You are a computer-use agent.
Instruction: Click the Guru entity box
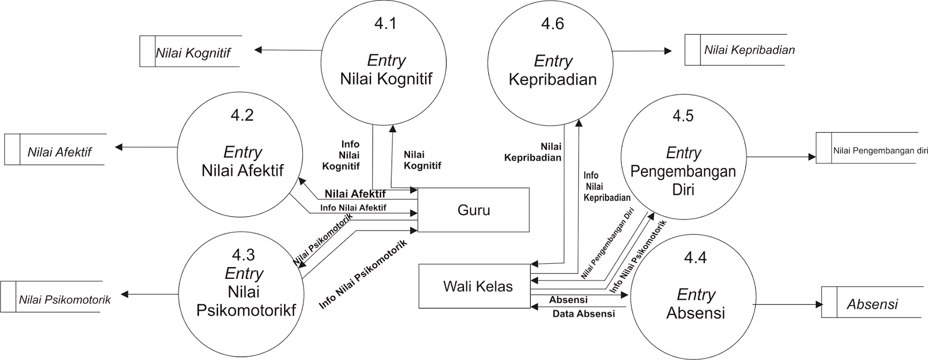[x=473, y=210]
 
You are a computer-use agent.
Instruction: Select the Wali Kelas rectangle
[x=477, y=286]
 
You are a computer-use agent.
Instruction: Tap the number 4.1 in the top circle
[x=385, y=24]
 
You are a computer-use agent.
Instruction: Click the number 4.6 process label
[x=552, y=24]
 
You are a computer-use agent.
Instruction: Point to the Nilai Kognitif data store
[x=193, y=53]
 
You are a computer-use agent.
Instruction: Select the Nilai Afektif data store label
[x=59, y=152]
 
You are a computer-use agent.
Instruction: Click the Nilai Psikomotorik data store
[x=64, y=300]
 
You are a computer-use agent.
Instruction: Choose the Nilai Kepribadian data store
[x=749, y=50]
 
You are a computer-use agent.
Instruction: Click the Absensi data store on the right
[x=872, y=304]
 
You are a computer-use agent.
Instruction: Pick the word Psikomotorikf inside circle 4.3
[x=246, y=310]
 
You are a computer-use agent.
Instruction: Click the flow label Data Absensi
[x=583, y=314]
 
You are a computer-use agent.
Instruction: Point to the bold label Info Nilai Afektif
[x=353, y=208]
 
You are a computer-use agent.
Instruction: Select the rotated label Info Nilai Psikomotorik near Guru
[x=363, y=274]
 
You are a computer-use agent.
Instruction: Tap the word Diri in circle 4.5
[x=683, y=190]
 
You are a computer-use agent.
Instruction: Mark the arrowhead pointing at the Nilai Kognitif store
[x=258, y=50]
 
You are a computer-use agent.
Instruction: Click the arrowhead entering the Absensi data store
[x=819, y=305]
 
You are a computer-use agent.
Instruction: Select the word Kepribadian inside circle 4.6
[x=552, y=79]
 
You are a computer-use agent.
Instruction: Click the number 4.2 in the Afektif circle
[x=242, y=115]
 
